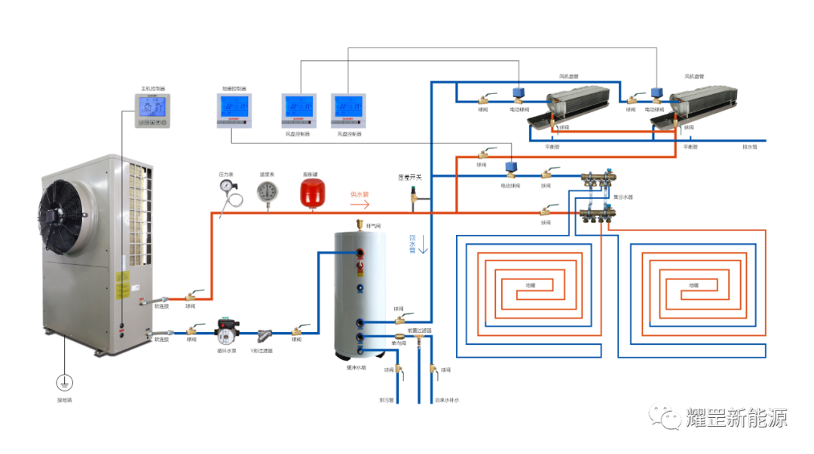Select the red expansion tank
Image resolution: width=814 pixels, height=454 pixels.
(x=311, y=190)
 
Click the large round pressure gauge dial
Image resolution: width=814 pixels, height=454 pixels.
(x=268, y=192)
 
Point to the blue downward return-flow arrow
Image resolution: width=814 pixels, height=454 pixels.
(x=413, y=243)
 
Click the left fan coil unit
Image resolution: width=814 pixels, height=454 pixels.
(x=576, y=105)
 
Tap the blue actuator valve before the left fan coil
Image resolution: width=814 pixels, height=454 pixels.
(x=519, y=91)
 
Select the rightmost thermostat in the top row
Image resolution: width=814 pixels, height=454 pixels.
(x=347, y=111)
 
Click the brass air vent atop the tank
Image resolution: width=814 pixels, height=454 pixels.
(x=360, y=224)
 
